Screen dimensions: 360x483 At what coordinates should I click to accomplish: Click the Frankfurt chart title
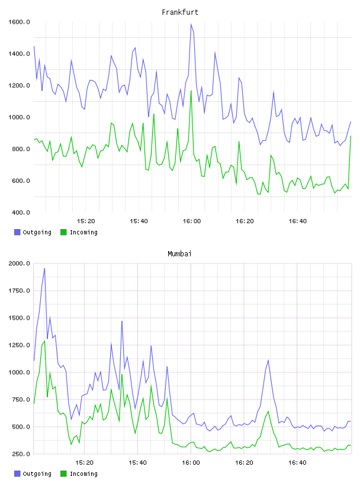pos(180,12)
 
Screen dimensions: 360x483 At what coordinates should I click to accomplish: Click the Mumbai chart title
pos(179,254)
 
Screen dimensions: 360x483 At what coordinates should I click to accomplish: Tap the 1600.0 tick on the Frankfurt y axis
pos(19,22)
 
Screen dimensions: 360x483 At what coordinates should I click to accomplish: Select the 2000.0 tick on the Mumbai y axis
pos(19,263)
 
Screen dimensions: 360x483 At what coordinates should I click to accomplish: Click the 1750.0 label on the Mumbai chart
pos(19,291)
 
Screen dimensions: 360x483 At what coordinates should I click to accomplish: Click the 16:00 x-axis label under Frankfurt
pos(192,221)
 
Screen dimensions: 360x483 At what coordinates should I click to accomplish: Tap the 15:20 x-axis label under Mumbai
pos(85,463)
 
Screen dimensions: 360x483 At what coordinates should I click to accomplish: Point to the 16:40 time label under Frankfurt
pos(298,221)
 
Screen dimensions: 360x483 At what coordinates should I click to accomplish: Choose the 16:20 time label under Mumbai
pos(244,463)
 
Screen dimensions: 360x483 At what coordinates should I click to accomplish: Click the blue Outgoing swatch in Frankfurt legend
pos(17,232)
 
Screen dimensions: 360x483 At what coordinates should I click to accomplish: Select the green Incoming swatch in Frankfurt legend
pos(63,232)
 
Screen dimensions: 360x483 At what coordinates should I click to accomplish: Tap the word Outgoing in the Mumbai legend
pos(37,474)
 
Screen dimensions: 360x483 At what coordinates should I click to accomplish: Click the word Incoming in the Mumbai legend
pos(83,474)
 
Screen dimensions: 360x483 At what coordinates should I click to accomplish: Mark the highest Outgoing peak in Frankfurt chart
pos(191,24)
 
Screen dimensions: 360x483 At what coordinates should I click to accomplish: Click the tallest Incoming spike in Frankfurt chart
pos(191,91)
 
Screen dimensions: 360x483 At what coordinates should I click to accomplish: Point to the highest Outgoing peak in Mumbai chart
pos(44,268)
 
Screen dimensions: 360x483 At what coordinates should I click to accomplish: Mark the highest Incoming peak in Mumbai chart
pos(44,341)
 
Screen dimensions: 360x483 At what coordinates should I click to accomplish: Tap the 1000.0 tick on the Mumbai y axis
pos(19,372)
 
